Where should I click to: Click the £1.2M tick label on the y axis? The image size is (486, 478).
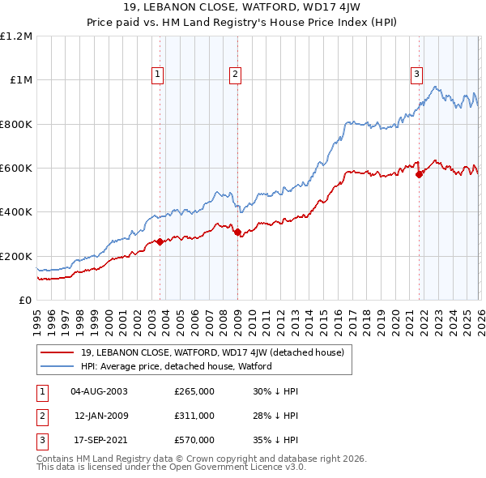coord(16,36)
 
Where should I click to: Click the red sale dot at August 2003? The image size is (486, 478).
coord(160,241)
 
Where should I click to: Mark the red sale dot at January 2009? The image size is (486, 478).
coord(237,232)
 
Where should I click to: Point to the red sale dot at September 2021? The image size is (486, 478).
coord(419,174)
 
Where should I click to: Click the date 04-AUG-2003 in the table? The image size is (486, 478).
coord(100,391)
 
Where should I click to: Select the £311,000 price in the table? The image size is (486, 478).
coord(194,416)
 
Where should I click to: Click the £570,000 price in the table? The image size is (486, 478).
coord(194,440)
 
